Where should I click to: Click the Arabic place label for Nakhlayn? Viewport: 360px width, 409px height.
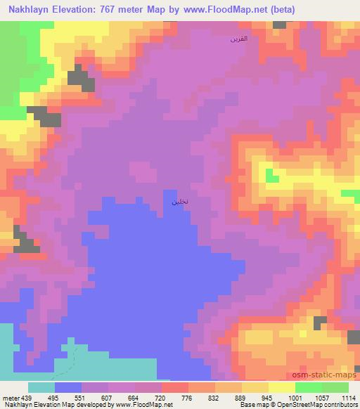[x=179, y=202]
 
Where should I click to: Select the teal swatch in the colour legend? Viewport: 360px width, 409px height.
[x=41, y=387]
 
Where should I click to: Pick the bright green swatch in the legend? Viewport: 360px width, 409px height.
[x=308, y=387]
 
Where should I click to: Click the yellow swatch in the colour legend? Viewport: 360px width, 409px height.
[x=255, y=387]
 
